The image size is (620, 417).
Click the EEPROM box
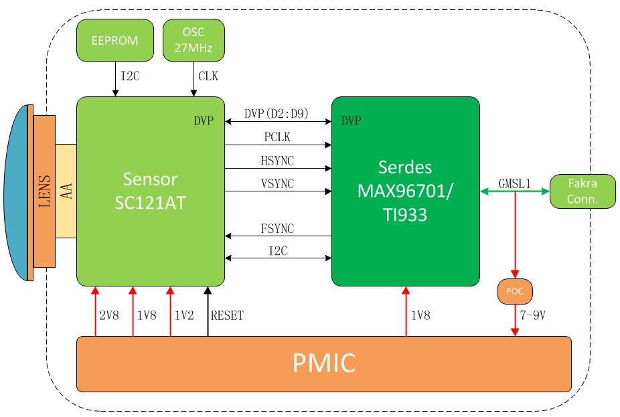115,40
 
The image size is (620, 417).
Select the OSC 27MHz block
193,40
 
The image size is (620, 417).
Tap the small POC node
515,291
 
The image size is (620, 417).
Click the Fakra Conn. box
583,191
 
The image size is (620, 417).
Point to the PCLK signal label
277,137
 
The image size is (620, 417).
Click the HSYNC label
277,161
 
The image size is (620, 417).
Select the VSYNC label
277,183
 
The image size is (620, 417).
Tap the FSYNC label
277,228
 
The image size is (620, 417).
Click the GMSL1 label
514,183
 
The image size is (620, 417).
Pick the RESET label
227,315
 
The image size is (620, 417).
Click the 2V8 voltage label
109,315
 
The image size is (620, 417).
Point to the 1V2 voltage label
184,315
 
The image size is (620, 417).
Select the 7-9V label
532,315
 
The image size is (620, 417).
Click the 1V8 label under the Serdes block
420,315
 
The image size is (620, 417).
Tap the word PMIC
324,363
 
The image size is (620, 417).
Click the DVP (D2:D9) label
277,114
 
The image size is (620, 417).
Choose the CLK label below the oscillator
208,76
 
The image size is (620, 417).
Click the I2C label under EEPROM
130,76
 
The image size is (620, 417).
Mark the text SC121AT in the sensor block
150,203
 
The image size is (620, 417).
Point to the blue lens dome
16,193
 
